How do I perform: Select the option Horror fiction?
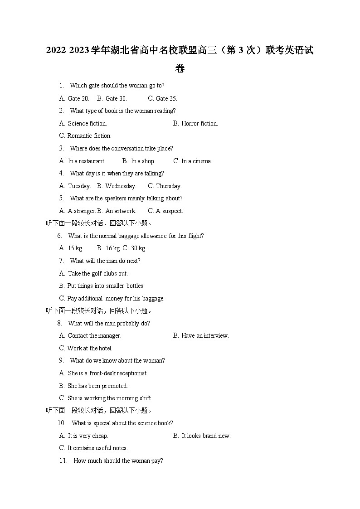pyautogui.click(x=199, y=123)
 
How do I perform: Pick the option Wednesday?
pyautogui.click(x=120, y=186)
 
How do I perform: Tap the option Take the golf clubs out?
pyautogui.click(x=97, y=273)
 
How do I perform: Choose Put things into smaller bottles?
pyautogui.click(x=105, y=286)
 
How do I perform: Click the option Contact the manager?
pyautogui.click(x=94, y=335)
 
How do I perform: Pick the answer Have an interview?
pyautogui.click(x=205, y=335)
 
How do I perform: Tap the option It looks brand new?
pyautogui.click(x=206, y=436)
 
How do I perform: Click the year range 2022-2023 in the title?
pyautogui.click(x=67, y=50)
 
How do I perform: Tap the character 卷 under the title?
pyautogui.click(x=180, y=69)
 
